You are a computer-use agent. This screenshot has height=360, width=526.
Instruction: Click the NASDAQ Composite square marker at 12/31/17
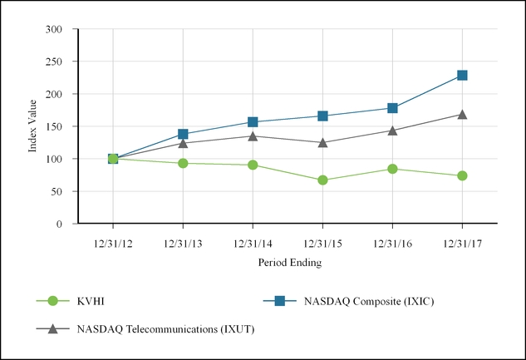(462, 76)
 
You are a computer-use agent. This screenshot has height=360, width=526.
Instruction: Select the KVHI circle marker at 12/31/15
(322, 180)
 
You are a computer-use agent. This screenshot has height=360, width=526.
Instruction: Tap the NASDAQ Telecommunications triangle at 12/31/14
(253, 136)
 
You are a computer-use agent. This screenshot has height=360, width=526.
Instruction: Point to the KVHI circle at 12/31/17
(462, 175)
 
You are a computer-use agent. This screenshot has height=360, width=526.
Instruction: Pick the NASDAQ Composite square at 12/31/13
(183, 134)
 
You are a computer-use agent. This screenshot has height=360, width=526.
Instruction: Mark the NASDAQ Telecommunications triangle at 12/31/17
(462, 114)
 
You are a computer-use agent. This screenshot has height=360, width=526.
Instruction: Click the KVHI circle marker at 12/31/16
(392, 169)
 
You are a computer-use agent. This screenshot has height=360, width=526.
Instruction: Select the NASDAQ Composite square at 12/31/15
(322, 116)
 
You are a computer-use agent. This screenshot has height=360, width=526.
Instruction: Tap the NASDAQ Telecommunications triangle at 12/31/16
(392, 130)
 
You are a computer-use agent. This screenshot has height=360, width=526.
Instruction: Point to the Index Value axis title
(34, 126)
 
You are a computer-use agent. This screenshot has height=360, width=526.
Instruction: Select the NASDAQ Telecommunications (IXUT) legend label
(165, 329)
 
